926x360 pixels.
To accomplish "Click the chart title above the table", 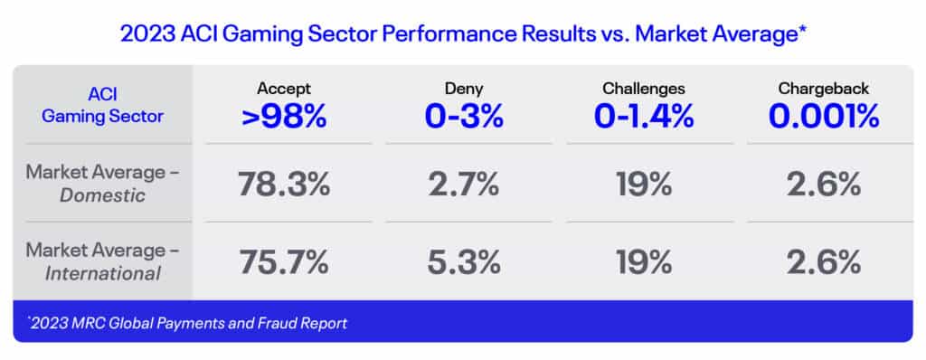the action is click(463, 34).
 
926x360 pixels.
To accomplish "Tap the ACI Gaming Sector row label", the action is click(103, 105).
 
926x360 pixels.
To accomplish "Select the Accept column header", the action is click(284, 89).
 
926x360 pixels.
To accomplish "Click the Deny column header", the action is click(464, 89).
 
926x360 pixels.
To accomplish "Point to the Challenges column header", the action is click(644, 89).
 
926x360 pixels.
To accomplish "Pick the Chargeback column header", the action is click(824, 89).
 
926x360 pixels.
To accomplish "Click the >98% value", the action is click(284, 117).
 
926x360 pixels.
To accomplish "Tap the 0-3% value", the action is click(464, 117).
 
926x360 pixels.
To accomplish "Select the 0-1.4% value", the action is click(644, 117).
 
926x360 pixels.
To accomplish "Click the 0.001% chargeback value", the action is click(824, 117).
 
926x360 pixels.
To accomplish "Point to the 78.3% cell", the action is click(284, 184).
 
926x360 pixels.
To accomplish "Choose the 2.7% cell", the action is click(464, 184).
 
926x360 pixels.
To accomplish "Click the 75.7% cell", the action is click(284, 262).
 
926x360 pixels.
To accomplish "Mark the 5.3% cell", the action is click(464, 262).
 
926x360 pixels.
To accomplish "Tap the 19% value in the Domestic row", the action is click(644, 184).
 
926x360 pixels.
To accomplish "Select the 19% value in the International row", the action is click(644, 262).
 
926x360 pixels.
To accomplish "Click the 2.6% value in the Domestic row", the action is click(824, 184).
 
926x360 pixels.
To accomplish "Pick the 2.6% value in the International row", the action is click(824, 262).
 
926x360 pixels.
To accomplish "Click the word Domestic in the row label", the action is click(103, 195).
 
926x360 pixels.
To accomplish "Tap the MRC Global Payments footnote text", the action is click(188, 323).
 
